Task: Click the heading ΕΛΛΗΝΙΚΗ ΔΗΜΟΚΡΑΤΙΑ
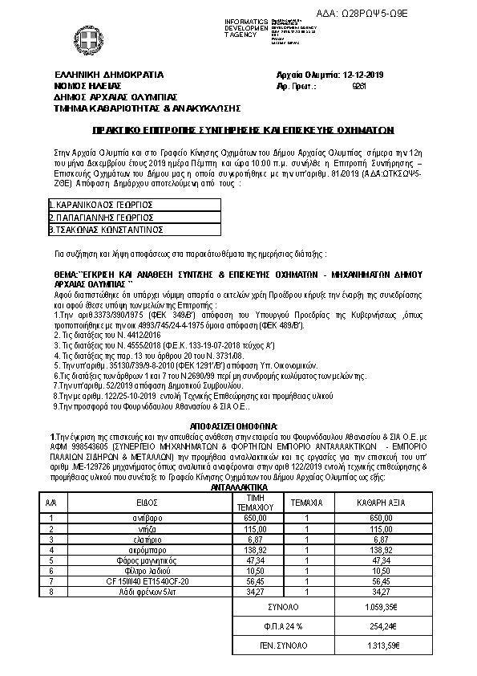[x=108, y=75]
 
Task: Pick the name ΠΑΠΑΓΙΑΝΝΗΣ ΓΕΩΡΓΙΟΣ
[x=102, y=217]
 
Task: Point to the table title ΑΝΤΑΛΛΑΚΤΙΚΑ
[x=238, y=487]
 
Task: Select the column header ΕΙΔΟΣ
[x=146, y=502]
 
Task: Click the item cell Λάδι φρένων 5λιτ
[x=145, y=591]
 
